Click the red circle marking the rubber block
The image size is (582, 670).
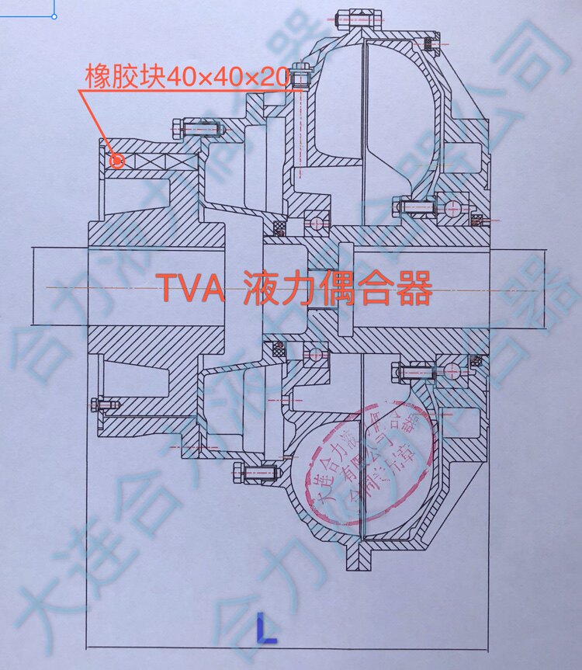click(117, 161)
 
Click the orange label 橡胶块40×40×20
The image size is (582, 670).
click(187, 77)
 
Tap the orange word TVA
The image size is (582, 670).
click(192, 290)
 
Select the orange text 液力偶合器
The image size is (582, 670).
click(337, 290)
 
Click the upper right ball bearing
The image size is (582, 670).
click(452, 207)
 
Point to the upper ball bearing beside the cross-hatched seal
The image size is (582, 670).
click(317, 220)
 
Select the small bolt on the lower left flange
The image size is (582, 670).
click(103, 404)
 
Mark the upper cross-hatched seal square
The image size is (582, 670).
click(277, 227)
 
